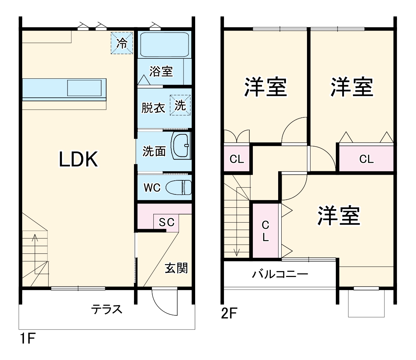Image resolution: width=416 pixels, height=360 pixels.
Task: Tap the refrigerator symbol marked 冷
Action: [x=122, y=43]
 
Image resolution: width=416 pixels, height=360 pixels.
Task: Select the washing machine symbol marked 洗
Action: [x=180, y=105]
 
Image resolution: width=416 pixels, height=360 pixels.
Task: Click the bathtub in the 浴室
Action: [x=164, y=44]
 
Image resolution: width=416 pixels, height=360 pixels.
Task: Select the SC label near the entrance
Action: [x=166, y=222]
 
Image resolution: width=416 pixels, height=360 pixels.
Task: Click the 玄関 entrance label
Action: [x=177, y=268]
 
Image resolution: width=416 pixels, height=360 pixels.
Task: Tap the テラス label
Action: [x=107, y=309]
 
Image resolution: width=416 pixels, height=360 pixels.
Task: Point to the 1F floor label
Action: [x=27, y=339]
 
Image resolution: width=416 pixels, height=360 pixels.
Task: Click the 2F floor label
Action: [x=230, y=313]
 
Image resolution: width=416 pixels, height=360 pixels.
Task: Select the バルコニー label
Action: [x=280, y=274]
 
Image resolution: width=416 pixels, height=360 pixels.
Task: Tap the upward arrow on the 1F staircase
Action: [x=35, y=243]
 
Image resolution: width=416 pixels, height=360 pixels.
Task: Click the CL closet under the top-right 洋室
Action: [x=366, y=159]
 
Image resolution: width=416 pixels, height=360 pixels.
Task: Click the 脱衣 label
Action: [x=153, y=108]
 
